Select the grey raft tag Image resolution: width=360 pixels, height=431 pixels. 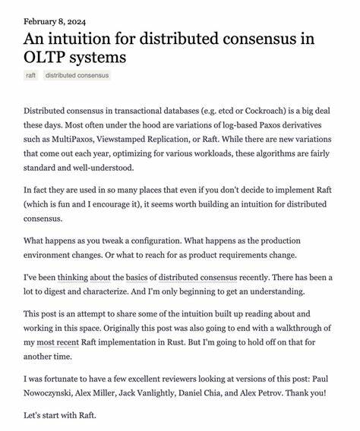pyautogui.click(x=31, y=75)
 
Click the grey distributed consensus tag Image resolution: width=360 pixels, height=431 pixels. pyautogui.click(x=77, y=75)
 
